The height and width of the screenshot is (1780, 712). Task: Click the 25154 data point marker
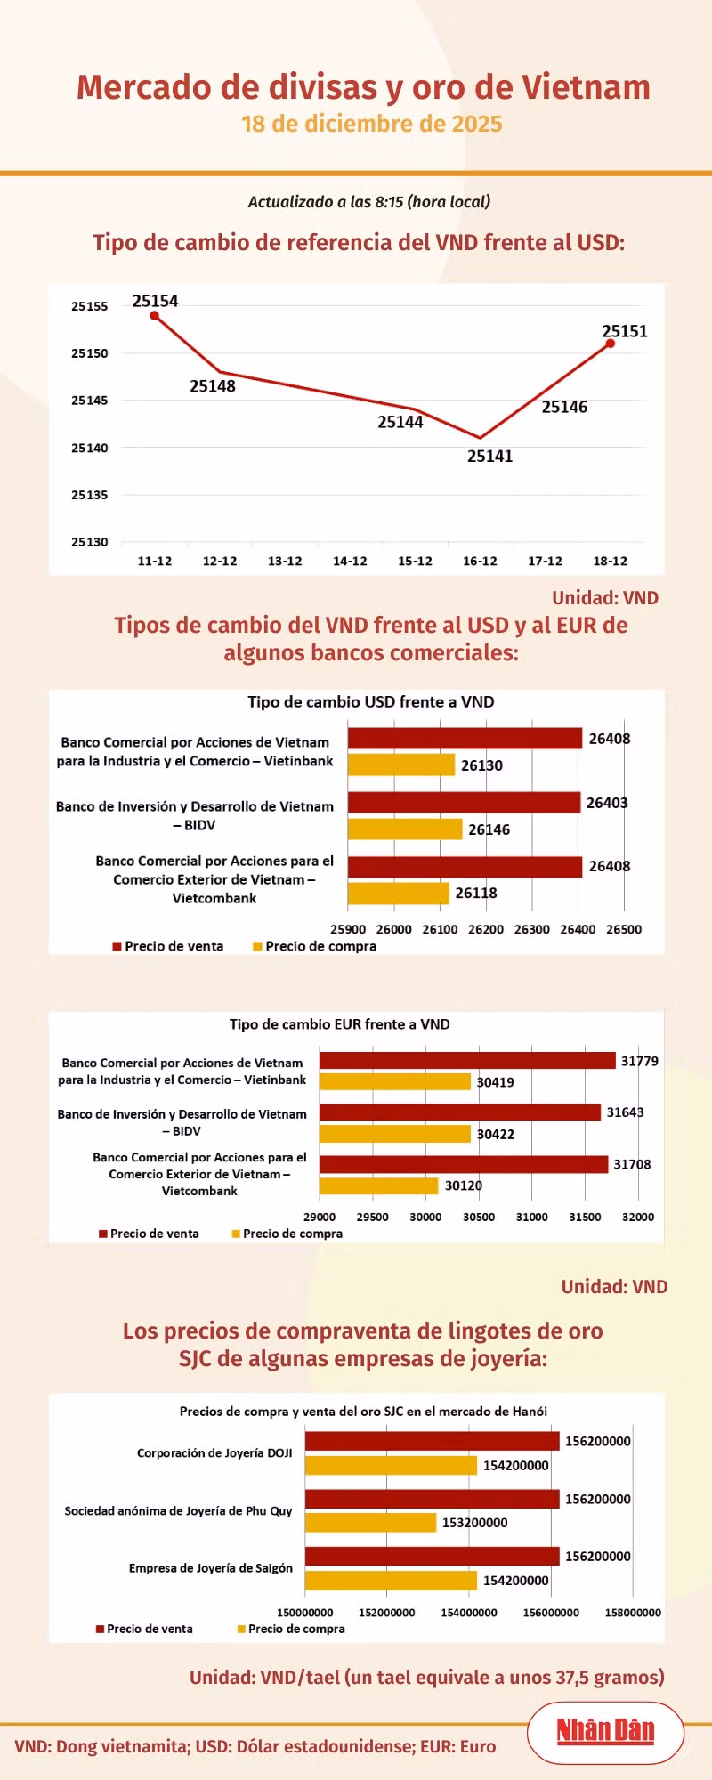pyautogui.click(x=154, y=315)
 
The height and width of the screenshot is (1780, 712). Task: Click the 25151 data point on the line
pyautogui.click(x=610, y=344)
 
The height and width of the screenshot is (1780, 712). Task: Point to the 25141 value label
pyautogui.click(x=489, y=457)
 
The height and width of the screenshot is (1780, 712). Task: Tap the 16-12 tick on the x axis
pyautogui.click(x=480, y=562)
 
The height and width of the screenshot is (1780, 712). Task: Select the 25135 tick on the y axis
pyautogui.click(x=89, y=495)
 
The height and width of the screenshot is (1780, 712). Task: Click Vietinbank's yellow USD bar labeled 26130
pyautogui.click(x=400, y=765)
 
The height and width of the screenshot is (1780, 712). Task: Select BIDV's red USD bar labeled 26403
pyautogui.click(x=464, y=803)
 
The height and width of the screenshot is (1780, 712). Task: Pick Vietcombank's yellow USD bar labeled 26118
pyautogui.click(x=398, y=893)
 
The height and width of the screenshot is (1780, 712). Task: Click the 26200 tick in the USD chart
pyautogui.click(x=486, y=929)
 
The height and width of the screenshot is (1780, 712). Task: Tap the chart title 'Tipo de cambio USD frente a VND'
pyautogui.click(x=370, y=702)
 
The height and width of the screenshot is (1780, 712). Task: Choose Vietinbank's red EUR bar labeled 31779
pyautogui.click(x=467, y=1061)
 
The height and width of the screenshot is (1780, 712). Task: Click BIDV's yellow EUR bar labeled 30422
pyautogui.click(x=394, y=1134)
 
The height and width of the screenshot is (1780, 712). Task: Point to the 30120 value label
pyautogui.click(x=463, y=1185)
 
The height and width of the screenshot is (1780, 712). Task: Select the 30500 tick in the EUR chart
pyautogui.click(x=479, y=1217)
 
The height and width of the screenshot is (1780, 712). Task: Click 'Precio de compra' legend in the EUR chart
pyautogui.click(x=292, y=1234)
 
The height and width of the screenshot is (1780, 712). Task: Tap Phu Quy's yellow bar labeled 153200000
pyautogui.click(x=370, y=1523)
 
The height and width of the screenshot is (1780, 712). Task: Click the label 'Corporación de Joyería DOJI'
pyautogui.click(x=214, y=1453)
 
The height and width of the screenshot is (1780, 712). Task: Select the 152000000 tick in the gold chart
pyautogui.click(x=387, y=1612)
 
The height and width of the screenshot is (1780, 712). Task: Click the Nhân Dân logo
pyautogui.click(x=605, y=1731)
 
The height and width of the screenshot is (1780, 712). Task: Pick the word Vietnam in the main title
pyautogui.click(x=586, y=87)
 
